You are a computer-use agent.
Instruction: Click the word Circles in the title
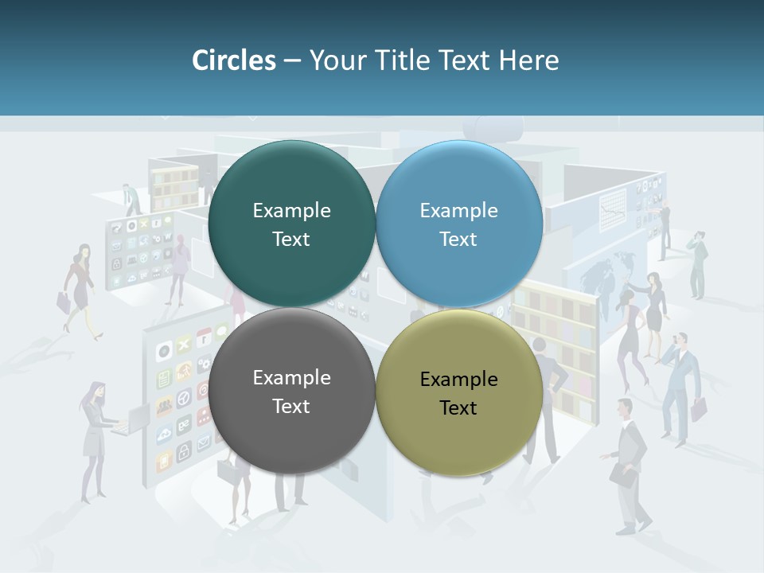(233, 60)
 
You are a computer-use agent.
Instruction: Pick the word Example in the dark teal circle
(291, 210)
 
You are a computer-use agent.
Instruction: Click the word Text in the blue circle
(458, 239)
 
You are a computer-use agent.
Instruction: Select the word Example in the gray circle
(291, 377)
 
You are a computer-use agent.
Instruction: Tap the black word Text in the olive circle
(458, 407)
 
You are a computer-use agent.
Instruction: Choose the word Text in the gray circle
(291, 406)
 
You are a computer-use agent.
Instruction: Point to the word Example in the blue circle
(458, 210)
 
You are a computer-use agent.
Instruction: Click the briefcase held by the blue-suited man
(698, 409)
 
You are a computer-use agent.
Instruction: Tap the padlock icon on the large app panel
(183, 454)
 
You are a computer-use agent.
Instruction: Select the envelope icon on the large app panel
(203, 439)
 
